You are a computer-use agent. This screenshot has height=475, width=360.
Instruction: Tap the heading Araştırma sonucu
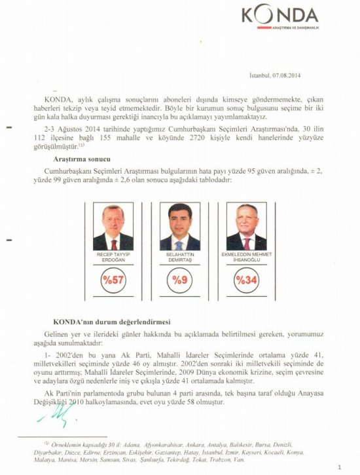click(x=81, y=159)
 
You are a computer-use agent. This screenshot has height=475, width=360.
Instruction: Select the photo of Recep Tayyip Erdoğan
click(x=113, y=226)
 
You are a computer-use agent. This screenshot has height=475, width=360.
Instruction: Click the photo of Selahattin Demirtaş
click(x=180, y=226)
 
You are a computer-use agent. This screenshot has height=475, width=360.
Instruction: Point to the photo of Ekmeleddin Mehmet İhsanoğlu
click(x=247, y=226)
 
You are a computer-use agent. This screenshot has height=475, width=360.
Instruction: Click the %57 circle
click(x=113, y=280)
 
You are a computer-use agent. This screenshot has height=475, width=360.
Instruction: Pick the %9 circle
click(x=180, y=280)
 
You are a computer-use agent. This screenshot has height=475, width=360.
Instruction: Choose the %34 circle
click(x=247, y=280)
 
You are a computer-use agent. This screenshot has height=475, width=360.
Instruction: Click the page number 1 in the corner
click(x=340, y=466)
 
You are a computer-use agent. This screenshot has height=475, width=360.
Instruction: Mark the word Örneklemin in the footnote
click(x=69, y=444)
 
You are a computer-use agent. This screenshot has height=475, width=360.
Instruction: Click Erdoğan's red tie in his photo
click(x=113, y=244)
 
